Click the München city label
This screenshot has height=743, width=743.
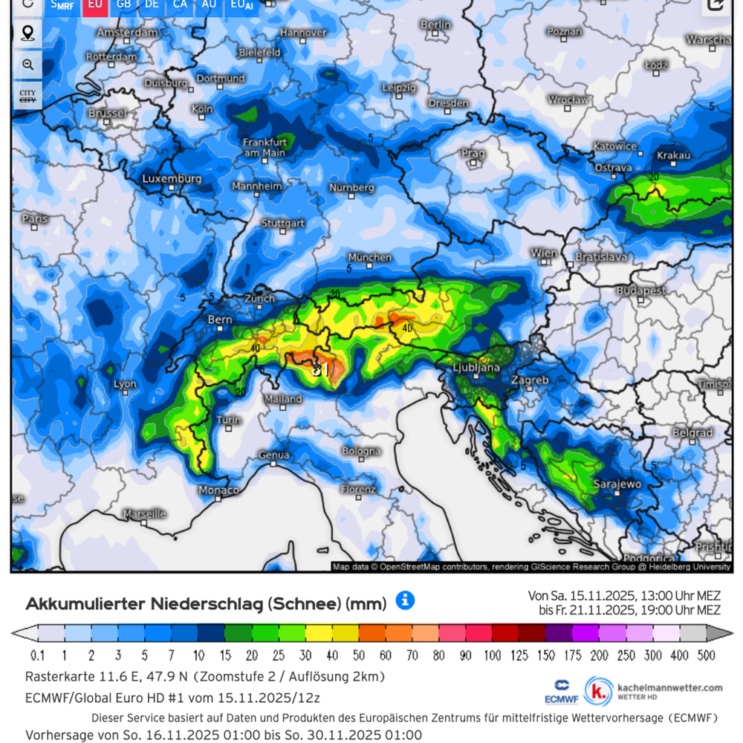click(369, 257)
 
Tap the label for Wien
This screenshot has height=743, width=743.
click(544, 253)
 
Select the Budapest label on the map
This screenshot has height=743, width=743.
click(640, 290)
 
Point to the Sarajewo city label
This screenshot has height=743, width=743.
click(617, 484)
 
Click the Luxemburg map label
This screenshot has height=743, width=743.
click(172, 179)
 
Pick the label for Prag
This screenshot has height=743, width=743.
click(473, 154)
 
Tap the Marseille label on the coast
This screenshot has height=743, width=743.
click(144, 513)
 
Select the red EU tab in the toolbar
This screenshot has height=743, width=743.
click(95, 4)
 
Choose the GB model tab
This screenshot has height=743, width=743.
click(123, 4)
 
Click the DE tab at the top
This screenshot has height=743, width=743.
click(152, 4)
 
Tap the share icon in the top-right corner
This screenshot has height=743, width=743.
click(716, 5)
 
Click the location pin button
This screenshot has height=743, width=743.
click(28, 33)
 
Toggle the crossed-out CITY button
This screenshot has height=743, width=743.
click(27, 96)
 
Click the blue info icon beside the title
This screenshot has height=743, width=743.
click(405, 600)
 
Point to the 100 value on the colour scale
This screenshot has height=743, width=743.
click(493, 655)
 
